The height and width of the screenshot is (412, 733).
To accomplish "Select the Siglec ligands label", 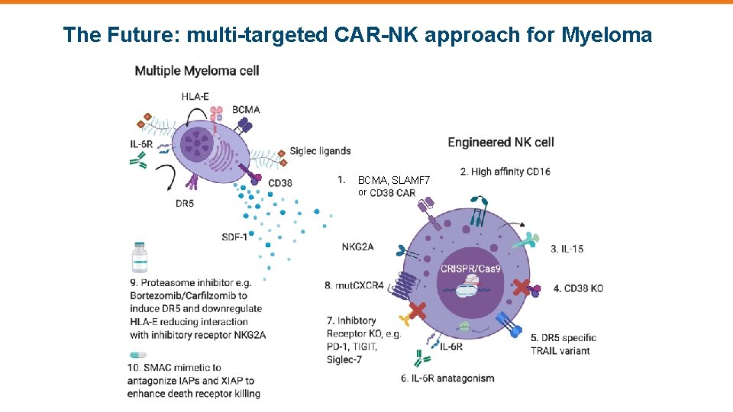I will point(320,151).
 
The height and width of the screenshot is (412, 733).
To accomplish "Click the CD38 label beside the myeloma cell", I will point(279,182).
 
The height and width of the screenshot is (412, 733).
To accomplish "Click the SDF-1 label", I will point(234,237).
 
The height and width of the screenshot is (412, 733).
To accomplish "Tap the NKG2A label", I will point(357,246).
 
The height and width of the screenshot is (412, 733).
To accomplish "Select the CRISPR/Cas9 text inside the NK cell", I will point(471,269).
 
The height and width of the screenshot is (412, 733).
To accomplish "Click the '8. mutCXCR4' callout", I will point(355,285).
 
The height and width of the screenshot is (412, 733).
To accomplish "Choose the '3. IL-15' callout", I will point(567,249).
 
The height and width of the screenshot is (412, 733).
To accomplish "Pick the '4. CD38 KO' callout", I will point(578,288).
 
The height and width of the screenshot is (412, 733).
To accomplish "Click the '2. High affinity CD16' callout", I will point(505,172).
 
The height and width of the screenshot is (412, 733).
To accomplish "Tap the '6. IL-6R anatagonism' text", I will point(447,378).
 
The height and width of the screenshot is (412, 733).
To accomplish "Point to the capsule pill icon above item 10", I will point(137,355).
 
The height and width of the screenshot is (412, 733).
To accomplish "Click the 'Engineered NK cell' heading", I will point(500,142).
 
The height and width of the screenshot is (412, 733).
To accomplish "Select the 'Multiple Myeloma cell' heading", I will point(197,71).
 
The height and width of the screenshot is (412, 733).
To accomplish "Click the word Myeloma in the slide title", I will point(607,34).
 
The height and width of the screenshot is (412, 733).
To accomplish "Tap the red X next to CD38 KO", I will point(522,288).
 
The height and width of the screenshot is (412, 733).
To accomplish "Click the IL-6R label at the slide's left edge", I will point(142,143).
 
